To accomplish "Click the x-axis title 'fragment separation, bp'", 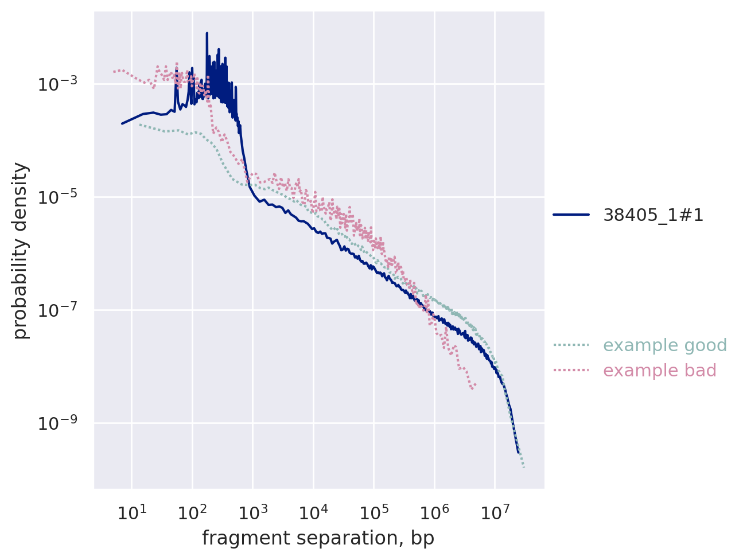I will point(318,538).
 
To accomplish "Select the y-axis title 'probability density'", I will point(21,251).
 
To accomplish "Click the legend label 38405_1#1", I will point(653,215).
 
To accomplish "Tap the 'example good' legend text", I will point(657,345).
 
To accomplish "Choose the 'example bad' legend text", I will point(660,371).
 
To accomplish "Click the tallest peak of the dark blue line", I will point(207,34).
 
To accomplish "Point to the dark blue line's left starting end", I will point(122,123).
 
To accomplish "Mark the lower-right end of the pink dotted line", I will point(472,389).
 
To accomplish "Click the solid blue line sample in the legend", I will point(571,215).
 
